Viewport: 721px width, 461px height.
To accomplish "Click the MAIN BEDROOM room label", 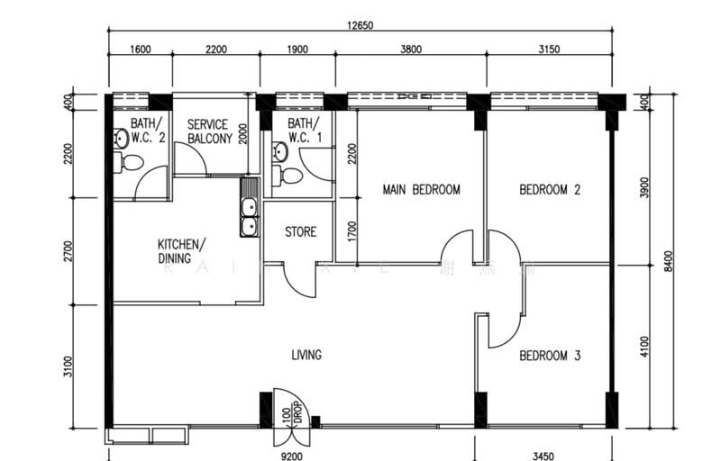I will coord(421,190).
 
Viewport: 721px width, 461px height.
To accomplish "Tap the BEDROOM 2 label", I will coord(550,190).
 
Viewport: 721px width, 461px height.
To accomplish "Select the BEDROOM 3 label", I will coord(550,356).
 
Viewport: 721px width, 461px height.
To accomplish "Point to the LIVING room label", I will coord(306,355).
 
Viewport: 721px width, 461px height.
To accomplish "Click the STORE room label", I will coord(301,232).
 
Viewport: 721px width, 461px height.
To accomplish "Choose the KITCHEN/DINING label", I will coord(181,251).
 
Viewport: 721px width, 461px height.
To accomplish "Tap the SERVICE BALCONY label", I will coord(208,131).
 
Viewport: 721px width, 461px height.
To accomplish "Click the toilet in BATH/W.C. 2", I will coord(130,163).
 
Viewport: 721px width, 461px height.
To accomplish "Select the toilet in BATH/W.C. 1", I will coord(287,175).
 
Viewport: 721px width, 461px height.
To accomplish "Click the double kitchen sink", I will coord(249,217).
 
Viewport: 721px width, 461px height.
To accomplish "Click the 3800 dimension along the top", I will coord(410,50).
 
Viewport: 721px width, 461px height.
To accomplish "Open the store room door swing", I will coord(301,279).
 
